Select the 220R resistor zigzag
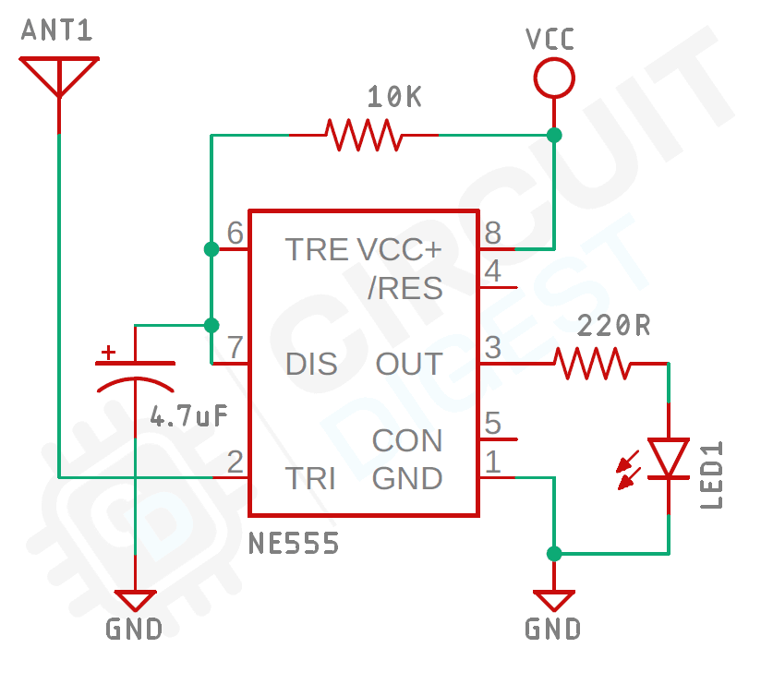click(593, 364)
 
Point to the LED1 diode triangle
click(668, 459)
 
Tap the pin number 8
click(493, 232)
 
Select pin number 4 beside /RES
click(493, 272)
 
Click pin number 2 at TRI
click(236, 462)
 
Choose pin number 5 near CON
click(493, 424)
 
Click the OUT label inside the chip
click(409, 364)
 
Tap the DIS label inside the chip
click(311, 364)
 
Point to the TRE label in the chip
click(316, 249)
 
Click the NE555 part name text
click(294, 544)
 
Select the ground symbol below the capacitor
click(136, 600)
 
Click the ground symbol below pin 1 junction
click(553, 600)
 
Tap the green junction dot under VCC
click(553, 136)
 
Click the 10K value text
click(393, 96)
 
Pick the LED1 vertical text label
click(711, 475)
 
